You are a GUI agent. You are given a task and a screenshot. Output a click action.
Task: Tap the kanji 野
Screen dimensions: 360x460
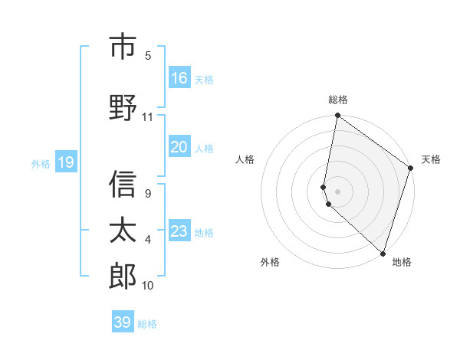point(123,107)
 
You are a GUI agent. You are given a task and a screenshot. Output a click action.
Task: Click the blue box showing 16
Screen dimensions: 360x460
point(179,78)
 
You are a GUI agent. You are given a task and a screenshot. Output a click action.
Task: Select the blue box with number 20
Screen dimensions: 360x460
point(179,148)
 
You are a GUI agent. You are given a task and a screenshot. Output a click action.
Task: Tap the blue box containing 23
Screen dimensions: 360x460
point(179,231)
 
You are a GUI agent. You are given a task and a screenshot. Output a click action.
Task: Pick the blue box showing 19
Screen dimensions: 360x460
point(66,162)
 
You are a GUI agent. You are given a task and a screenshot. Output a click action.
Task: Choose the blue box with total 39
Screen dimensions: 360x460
point(123,322)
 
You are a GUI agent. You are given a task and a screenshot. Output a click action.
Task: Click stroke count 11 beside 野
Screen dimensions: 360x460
point(148,117)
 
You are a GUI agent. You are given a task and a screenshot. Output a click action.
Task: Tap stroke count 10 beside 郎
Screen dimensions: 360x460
point(148,286)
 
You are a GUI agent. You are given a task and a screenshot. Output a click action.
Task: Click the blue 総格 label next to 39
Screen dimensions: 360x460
point(148,324)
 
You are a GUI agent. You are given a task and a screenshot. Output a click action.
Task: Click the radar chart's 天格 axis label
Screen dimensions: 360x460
point(431,159)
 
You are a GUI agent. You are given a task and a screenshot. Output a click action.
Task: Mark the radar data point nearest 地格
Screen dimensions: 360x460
point(383,254)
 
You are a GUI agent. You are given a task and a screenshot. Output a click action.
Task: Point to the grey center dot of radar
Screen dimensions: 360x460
point(338,191)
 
